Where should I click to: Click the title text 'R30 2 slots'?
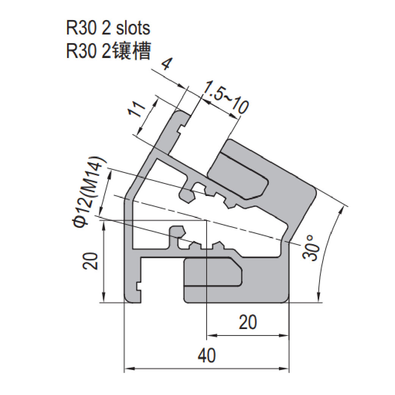click(108, 28)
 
